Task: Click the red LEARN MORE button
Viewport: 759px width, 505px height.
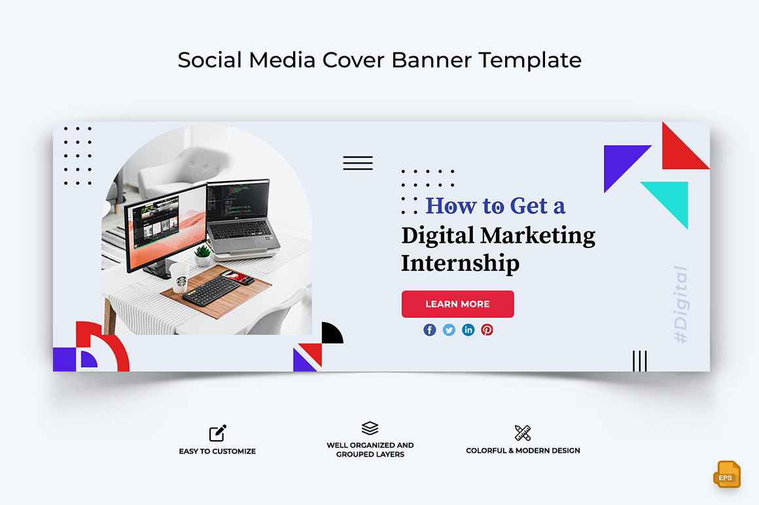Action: (x=457, y=304)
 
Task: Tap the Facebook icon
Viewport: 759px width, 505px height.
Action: (x=429, y=330)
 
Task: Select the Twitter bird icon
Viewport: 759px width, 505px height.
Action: (x=449, y=330)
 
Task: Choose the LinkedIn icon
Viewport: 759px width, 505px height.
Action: (x=468, y=330)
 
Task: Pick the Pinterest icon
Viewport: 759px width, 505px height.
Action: (x=487, y=330)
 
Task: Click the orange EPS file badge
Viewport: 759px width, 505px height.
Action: (x=726, y=474)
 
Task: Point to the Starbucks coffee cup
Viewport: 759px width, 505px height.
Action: (x=179, y=277)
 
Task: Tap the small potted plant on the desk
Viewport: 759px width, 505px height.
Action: (x=202, y=255)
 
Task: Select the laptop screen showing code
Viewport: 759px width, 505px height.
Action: (x=237, y=200)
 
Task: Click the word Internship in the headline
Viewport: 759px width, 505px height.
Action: (x=461, y=264)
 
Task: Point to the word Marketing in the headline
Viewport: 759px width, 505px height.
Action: (x=538, y=236)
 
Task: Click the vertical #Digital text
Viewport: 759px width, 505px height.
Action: (x=680, y=304)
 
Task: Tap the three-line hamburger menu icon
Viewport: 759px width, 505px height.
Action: (x=358, y=163)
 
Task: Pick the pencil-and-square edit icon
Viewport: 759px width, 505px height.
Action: (x=218, y=433)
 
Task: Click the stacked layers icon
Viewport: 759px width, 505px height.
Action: (x=370, y=428)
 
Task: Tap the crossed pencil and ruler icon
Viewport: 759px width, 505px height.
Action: (x=523, y=433)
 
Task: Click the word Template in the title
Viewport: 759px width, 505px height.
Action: (x=530, y=60)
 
